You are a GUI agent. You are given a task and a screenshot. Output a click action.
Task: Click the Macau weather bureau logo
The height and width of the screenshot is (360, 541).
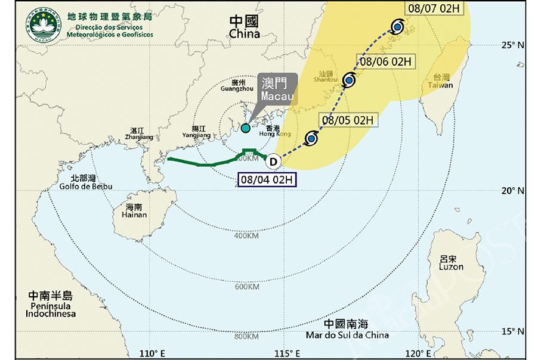[42, 25]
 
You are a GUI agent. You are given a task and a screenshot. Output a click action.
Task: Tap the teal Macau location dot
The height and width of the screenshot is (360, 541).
[245, 128]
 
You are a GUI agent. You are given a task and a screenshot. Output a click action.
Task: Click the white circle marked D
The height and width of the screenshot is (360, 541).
[273, 161]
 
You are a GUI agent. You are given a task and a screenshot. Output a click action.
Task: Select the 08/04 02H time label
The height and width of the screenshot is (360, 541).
[265, 179]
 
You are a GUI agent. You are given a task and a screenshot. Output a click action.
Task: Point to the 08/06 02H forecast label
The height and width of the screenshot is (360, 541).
[386, 61]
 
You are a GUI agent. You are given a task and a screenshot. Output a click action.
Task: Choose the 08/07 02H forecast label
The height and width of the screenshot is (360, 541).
[434, 9]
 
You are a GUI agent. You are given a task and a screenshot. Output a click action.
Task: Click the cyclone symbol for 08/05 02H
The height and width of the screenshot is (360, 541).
[311, 139]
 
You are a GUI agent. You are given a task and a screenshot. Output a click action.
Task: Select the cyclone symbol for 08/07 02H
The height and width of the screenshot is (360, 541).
[398, 26]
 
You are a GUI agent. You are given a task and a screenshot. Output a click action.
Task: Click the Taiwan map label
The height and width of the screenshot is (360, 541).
[441, 81]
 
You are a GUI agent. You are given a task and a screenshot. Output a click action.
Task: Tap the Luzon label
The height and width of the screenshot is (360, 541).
[450, 263]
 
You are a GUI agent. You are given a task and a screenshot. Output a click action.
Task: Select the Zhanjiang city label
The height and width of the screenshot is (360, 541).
[138, 134]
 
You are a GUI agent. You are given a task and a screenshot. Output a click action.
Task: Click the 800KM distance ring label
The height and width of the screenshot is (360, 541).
[247, 336]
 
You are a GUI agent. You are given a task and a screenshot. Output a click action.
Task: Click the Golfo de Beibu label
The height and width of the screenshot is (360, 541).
[85, 182]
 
